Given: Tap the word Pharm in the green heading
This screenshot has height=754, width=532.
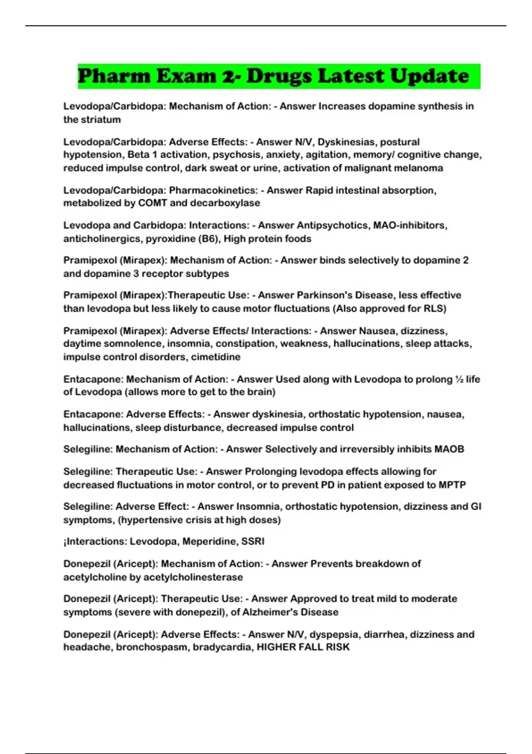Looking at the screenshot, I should [114, 76].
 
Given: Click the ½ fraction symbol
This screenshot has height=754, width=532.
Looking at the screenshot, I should [459, 379].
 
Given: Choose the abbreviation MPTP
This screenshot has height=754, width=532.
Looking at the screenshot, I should [452, 485].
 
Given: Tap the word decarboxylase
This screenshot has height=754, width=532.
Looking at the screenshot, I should [225, 203].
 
